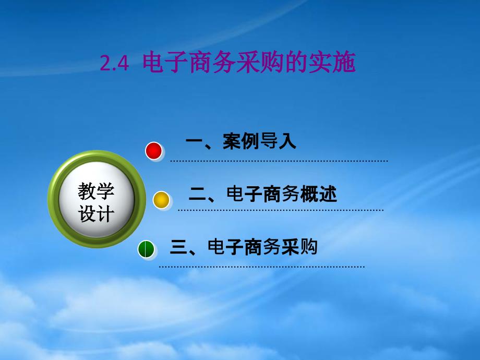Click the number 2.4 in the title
tap(114, 63)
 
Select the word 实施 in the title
tap(331, 63)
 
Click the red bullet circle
tap(154, 151)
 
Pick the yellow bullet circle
tap(161, 200)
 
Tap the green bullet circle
tap(146, 249)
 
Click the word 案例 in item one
tap(241, 141)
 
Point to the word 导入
tap(278, 141)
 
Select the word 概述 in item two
tap(318, 194)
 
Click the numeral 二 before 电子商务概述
tap(197, 195)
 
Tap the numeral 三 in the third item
tap(179, 247)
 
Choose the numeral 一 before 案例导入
tap(194, 141)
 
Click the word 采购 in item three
tap(299, 247)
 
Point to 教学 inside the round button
tap(96, 191)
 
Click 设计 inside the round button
tap(96, 213)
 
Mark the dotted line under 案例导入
tap(279, 161)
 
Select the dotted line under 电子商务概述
tap(280, 210)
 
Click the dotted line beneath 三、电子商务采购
tap(262, 267)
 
